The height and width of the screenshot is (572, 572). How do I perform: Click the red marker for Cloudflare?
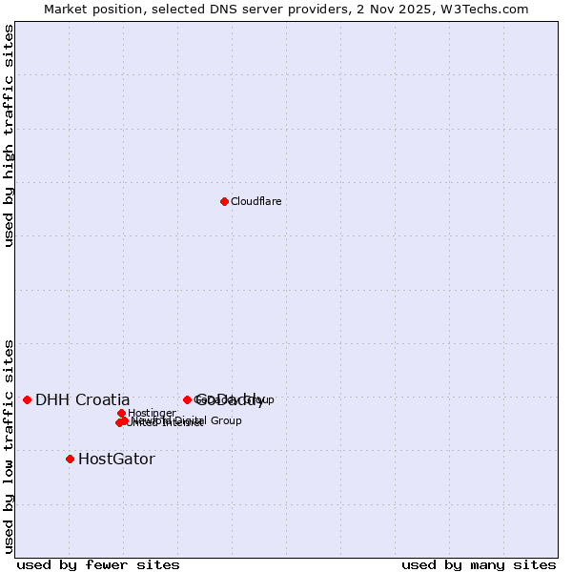click(224, 201)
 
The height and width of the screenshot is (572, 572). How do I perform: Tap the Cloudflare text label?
click(256, 202)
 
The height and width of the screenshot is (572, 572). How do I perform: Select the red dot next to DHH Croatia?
click(27, 399)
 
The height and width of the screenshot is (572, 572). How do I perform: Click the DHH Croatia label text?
click(82, 400)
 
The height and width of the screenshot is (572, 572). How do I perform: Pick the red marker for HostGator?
click(70, 459)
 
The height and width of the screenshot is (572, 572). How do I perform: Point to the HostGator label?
click(116, 460)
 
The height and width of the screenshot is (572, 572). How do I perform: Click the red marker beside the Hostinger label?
click(121, 413)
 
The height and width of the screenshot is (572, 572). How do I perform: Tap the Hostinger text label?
click(153, 414)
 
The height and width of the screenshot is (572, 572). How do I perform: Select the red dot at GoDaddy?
click(187, 399)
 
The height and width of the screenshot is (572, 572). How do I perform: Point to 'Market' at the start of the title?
click(65, 10)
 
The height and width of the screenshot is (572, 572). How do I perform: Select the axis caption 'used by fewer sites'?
click(98, 565)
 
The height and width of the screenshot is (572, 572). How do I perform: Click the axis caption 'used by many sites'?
click(479, 565)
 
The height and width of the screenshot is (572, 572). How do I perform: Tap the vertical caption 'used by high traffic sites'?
click(10, 135)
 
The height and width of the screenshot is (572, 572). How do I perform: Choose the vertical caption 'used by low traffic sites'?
click(10, 446)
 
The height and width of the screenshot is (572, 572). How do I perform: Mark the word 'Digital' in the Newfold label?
click(191, 420)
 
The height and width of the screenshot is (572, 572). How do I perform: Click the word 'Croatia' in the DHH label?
click(100, 400)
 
